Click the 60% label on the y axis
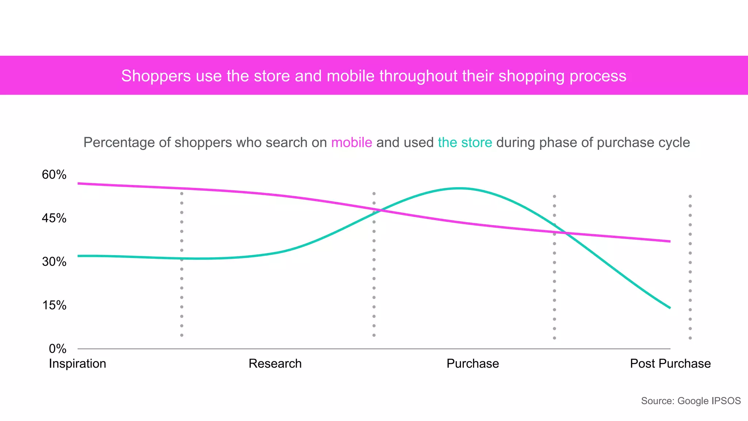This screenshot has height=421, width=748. pyautogui.click(x=54, y=175)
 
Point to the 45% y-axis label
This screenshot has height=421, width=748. pyautogui.click(x=54, y=218)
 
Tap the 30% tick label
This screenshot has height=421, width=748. pyautogui.click(x=54, y=262)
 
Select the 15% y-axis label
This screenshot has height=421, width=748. pyautogui.click(x=54, y=305)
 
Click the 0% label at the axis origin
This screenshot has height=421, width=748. pyautogui.click(x=57, y=349)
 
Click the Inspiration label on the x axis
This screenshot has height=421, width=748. pyautogui.click(x=77, y=364)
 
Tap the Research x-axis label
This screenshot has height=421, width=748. pyautogui.click(x=275, y=364)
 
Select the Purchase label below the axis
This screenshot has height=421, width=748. pyautogui.click(x=473, y=364)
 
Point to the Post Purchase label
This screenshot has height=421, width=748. pyautogui.click(x=670, y=364)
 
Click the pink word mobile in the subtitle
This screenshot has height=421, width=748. pyautogui.click(x=351, y=143)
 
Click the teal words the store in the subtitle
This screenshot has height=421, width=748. pyautogui.click(x=465, y=143)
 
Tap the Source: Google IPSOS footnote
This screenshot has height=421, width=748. pyautogui.click(x=691, y=401)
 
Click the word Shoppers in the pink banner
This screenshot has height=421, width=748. pyautogui.click(x=156, y=76)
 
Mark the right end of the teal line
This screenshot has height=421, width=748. pyautogui.click(x=670, y=308)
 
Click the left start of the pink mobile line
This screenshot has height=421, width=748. pyautogui.click(x=79, y=183)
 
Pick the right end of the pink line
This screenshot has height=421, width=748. pyautogui.click(x=670, y=241)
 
